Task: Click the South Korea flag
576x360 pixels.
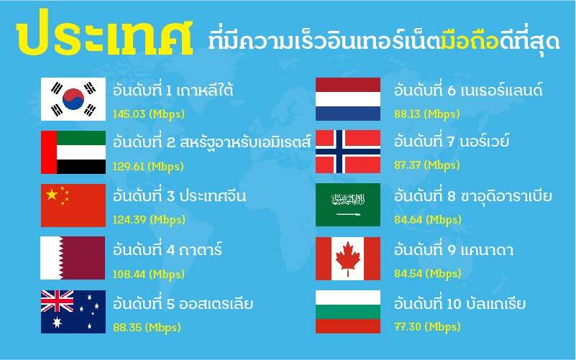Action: pyautogui.click(x=73, y=99)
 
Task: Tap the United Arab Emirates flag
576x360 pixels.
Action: pyautogui.click(x=73, y=152)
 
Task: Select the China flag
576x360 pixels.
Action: pyautogui.click(x=73, y=206)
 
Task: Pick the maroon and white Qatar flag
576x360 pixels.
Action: pyautogui.click(x=73, y=258)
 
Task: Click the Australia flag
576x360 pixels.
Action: pyautogui.click(x=73, y=312)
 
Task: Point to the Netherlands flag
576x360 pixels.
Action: pyautogui.click(x=348, y=99)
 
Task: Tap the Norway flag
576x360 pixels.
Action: pyautogui.click(x=348, y=152)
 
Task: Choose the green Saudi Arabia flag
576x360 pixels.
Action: pyautogui.click(x=348, y=205)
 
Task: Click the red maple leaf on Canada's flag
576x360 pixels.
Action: pyautogui.click(x=347, y=259)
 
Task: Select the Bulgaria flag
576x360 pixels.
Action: pyautogui.click(x=348, y=312)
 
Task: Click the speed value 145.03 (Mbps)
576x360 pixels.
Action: pyautogui.click(x=148, y=114)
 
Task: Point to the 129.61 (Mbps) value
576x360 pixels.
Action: pyautogui.click(x=148, y=167)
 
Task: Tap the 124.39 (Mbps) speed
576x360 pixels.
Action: pyautogui.click(x=149, y=220)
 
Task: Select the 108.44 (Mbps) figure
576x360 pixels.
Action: pyautogui.click(x=148, y=274)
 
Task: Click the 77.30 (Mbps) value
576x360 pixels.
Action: pyautogui.click(x=427, y=327)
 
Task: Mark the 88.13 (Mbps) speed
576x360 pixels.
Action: pyautogui.click(x=427, y=114)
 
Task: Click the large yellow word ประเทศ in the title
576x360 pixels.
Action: pyautogui.click(x=104, y=33)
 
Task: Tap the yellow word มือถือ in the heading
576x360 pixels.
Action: pyautogui.click(x=470, y=41)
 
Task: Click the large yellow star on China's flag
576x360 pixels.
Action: pyautogui.click(x=52, y=195)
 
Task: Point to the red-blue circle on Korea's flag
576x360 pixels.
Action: pyautogui.click(x=73, y=99)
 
